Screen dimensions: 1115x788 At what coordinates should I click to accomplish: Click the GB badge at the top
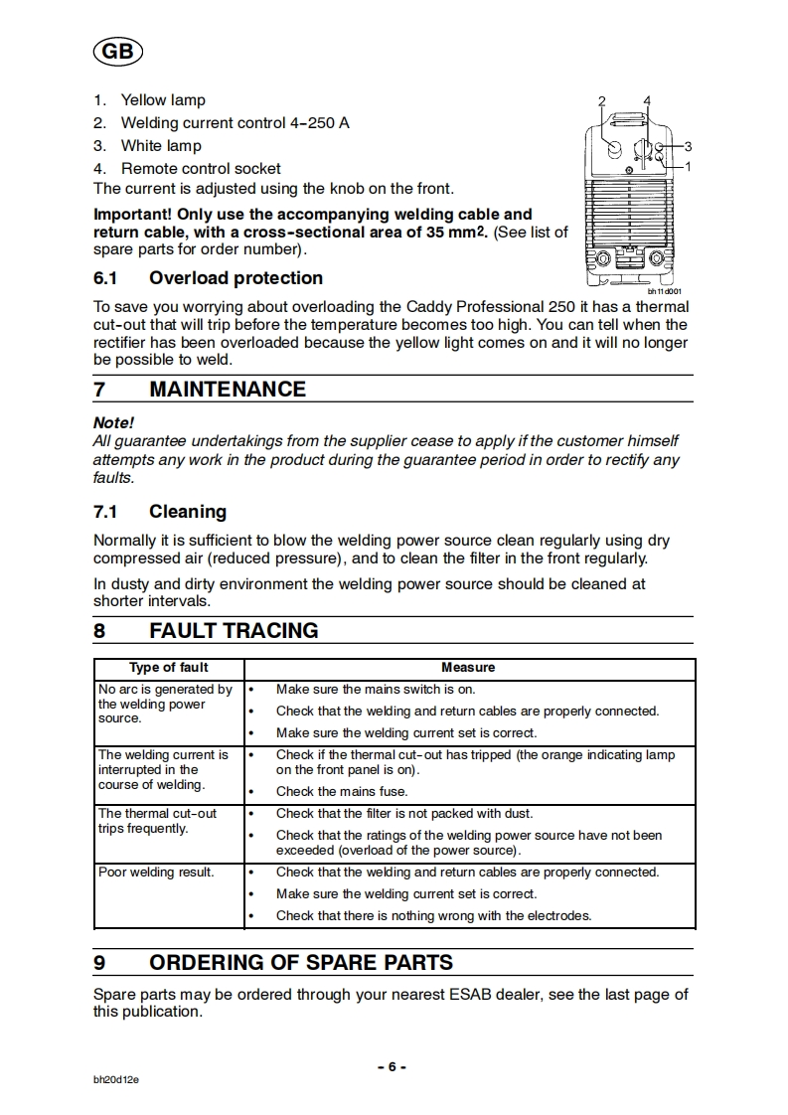click(x=116, y=53)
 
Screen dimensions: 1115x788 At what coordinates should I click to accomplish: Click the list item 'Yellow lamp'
click(x=163, y=100)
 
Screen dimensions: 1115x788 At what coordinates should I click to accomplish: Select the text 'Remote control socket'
click(x=201, y=169)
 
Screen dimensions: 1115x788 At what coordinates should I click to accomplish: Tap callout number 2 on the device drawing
click(x=602, y=101)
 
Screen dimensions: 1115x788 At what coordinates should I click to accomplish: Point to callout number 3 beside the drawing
click(x=687, y=147)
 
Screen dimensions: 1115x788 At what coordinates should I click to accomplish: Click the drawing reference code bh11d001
click(x=665, y=292)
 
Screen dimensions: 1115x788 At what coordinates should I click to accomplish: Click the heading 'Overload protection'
click(x=236, y=278)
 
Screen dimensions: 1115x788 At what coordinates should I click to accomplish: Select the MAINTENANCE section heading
click(x=227, y=390)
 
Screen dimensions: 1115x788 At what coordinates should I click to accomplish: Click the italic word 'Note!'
click(x=113, y=422)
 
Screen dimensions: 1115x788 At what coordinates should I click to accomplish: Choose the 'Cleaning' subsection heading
click(x=187, y=512)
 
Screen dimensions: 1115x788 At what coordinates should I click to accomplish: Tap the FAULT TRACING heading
click(x=234, y=631)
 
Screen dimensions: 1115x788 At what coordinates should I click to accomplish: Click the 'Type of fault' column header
click(x=169, y=668)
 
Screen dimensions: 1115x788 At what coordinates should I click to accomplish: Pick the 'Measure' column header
click(x=468, y=668)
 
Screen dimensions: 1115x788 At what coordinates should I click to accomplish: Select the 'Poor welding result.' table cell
click(x=156, y=873)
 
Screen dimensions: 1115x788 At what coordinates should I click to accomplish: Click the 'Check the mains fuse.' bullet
click(x=342, y=792)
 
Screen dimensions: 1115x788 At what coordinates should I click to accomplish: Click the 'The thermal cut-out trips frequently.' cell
click(x=157, y=821)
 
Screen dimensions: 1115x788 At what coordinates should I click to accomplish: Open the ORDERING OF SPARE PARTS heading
click(x=300, y=963)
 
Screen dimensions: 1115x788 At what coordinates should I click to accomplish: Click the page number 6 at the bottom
click(x=393, y=1066)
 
